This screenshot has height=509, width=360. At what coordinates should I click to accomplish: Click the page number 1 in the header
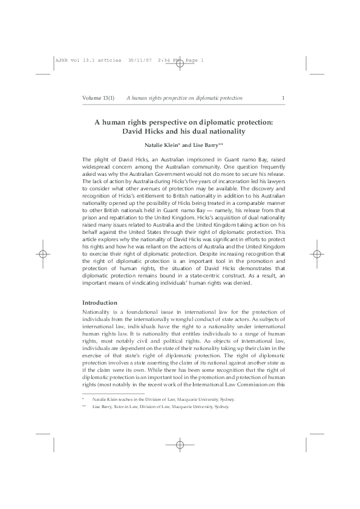pyautogui.click(x=283, y=98)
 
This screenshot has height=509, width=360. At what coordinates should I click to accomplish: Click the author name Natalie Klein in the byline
pyautogui.click(x=162, y=146)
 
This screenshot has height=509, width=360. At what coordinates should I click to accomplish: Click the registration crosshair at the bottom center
pyautogui.click(x=180, y=461)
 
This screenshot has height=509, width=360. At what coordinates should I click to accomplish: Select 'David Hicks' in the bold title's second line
pyautogui.click(x=143, y=131)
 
